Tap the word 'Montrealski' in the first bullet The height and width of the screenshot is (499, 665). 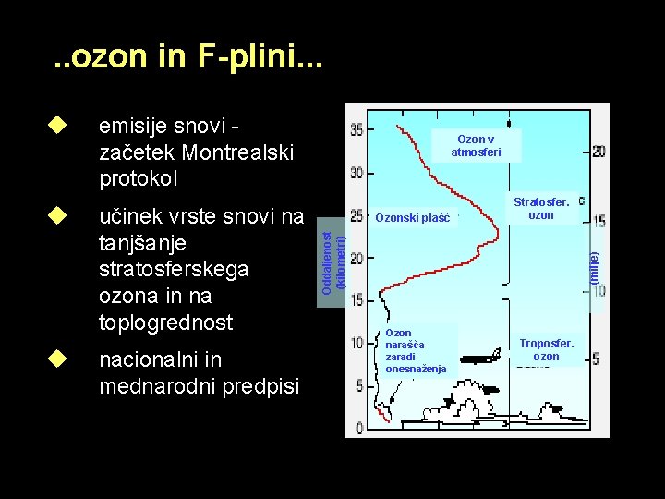[x=239, y=151]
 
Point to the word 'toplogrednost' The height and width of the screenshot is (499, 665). [x=165, y=323]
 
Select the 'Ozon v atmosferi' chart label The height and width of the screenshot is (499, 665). [x=476, y=145]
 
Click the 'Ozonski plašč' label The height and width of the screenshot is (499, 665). [x=412, y=219]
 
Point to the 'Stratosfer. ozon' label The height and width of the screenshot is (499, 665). [x=540, y=208]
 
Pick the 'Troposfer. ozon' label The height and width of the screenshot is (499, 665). [x=546, y=349]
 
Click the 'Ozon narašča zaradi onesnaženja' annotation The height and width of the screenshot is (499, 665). [x=415, y=350]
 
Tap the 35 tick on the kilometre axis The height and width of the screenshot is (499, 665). [x=357, y=128]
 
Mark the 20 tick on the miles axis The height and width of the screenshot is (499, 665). [x=598, y=151]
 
